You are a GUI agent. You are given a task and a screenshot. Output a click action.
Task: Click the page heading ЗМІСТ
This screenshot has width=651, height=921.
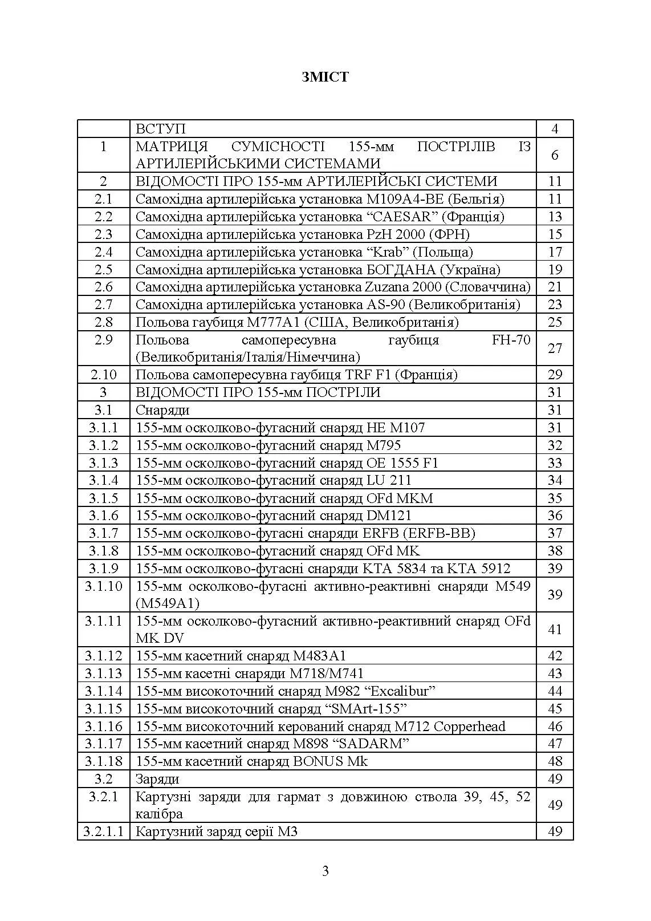pos(325,77)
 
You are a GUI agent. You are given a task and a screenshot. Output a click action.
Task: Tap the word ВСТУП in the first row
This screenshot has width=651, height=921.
pos(160,129)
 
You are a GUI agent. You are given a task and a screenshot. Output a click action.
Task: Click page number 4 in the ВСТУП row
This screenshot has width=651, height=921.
pos(555,129)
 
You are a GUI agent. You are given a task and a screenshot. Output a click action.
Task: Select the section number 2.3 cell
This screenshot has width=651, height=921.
pos(103,234)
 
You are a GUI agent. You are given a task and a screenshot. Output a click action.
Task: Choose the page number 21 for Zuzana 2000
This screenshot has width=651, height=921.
pos(555,287)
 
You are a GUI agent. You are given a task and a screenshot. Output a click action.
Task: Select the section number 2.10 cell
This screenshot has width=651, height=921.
pos(103,375)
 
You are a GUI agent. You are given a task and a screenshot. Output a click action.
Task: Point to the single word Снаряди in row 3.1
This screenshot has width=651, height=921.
pos(162,410)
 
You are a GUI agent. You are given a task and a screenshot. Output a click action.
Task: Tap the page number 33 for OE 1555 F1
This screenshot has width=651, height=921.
pos(555,463)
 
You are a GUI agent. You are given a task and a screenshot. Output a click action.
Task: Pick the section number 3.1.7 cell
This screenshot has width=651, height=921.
pos(103,533)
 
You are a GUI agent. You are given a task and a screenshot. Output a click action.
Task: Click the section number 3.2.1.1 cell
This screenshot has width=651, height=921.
pos(103,831)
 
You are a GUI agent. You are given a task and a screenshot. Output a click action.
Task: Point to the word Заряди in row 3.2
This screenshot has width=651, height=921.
pos(157,779)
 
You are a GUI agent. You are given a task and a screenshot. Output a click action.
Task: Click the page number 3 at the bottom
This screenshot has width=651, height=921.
pos(325,871)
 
